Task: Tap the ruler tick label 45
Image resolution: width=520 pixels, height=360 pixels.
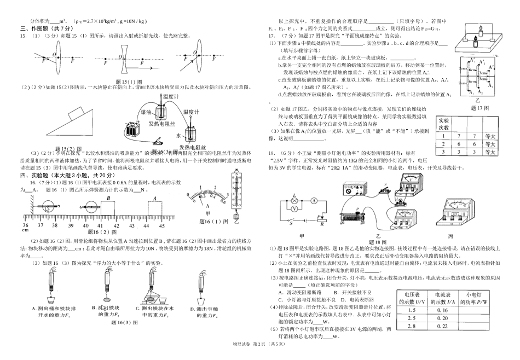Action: (x=162, y=225)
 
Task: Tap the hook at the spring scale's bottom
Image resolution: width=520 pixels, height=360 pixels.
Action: (x=236, y=215)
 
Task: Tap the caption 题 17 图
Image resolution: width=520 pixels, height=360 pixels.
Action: (x=482, y=108)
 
